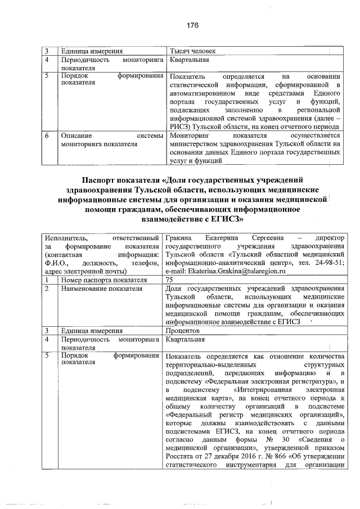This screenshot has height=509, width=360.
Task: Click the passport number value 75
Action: tap(170, 280)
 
